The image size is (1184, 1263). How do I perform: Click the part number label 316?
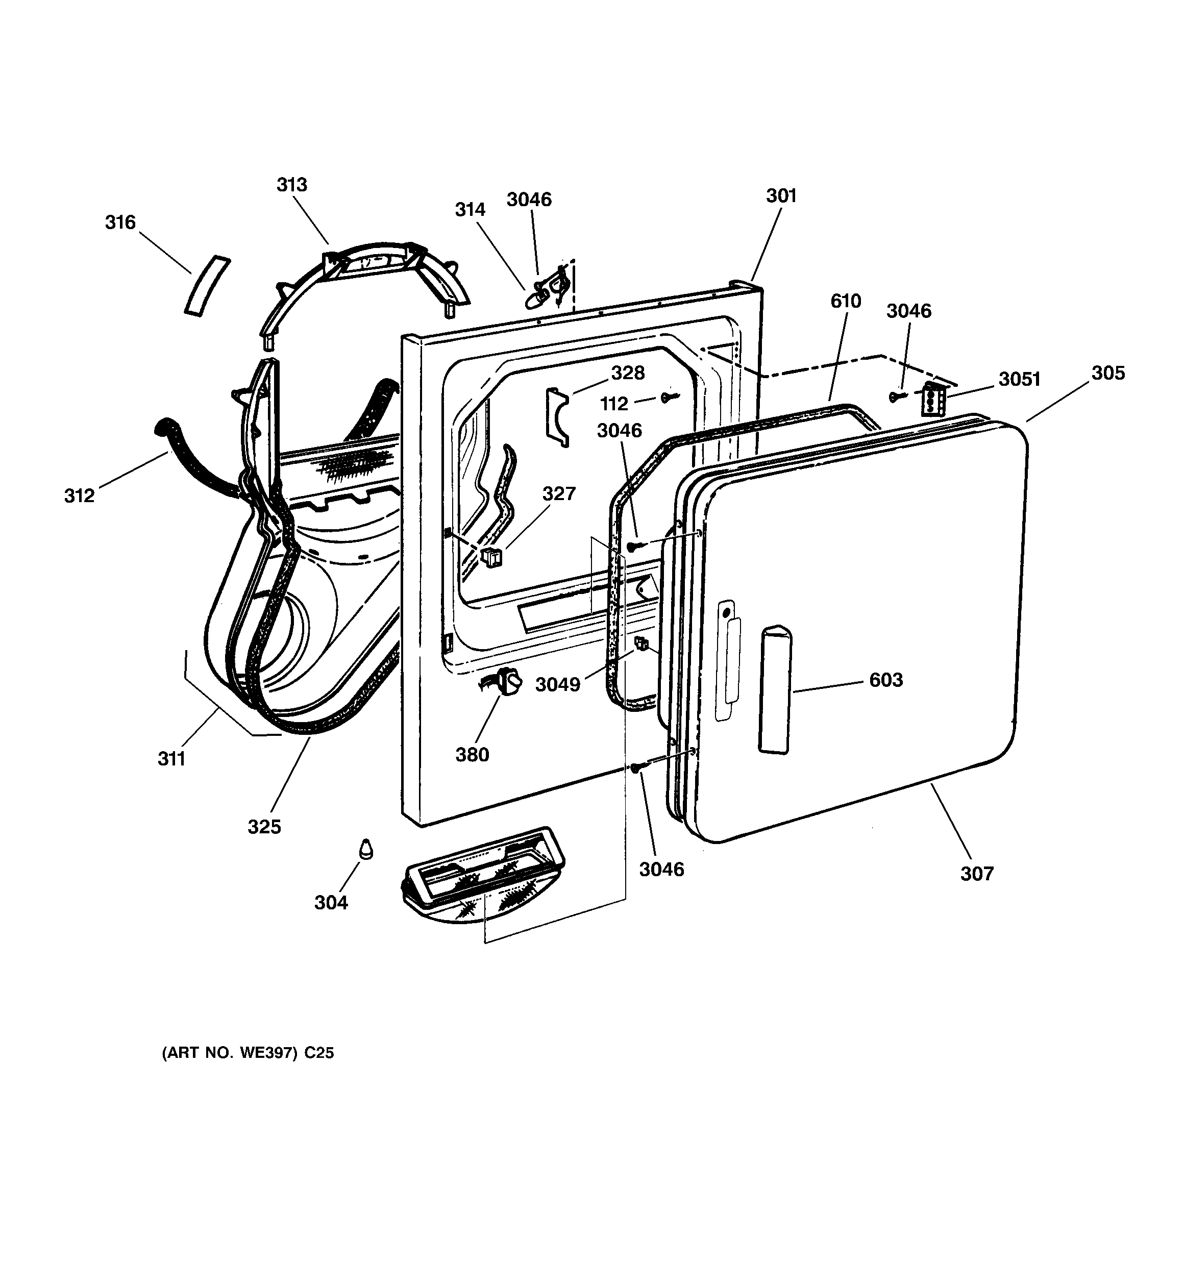pos(120,222)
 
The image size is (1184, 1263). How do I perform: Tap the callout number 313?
pos(292,184)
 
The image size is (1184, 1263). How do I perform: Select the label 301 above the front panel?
pos(781,195)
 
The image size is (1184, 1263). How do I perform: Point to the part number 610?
pos(845,301)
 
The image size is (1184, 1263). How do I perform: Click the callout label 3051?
pos(1019,379)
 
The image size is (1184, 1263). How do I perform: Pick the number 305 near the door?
pos(1108,373)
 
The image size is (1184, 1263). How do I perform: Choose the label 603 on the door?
pos(886,680)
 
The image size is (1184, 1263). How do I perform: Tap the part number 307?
pos(977,874)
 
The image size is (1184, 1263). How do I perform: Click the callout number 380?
pos(472,755)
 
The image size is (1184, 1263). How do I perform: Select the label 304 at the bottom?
pos(331,902)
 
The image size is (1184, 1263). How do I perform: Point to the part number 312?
pos(80,496)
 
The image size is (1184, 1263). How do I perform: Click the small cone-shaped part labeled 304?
pos(365,849)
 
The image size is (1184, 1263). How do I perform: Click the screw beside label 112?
pos(669,398)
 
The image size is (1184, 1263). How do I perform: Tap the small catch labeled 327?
pos(492,557)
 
